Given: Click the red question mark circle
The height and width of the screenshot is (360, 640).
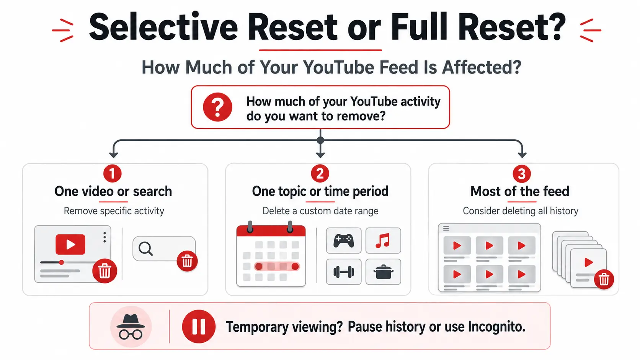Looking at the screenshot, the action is (217, 107).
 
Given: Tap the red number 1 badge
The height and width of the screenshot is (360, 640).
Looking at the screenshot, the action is (112, 173).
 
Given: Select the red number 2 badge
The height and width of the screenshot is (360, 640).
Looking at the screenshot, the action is (320, 173).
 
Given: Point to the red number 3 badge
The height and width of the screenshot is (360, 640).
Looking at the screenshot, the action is (522, 174).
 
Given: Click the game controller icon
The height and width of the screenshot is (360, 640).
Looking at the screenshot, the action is (344, 241).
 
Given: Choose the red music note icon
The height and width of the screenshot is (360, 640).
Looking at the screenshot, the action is (383, 240).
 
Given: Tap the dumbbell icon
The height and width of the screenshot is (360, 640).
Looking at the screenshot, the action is (344, 272).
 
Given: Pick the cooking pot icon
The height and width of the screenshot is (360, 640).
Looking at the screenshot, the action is (383, 272).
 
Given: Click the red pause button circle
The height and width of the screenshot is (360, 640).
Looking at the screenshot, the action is (199, 326).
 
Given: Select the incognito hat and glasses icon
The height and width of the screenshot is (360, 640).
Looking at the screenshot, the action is (131, 327).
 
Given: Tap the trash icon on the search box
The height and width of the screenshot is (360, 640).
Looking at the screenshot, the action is (187, 261).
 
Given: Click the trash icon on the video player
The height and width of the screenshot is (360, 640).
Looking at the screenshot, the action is (104, 271).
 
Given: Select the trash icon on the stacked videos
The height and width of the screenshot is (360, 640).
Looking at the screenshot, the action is (604, 279).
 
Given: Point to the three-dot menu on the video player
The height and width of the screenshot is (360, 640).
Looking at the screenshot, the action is (104, 237).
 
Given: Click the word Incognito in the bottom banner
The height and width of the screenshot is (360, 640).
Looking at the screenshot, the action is (496, 327).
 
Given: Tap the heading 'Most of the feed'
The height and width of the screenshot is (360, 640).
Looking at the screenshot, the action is (520, 191).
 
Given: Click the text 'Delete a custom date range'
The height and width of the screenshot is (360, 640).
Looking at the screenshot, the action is (320, 211).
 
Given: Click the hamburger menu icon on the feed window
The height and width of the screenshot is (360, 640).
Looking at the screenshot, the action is (446, 228).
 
